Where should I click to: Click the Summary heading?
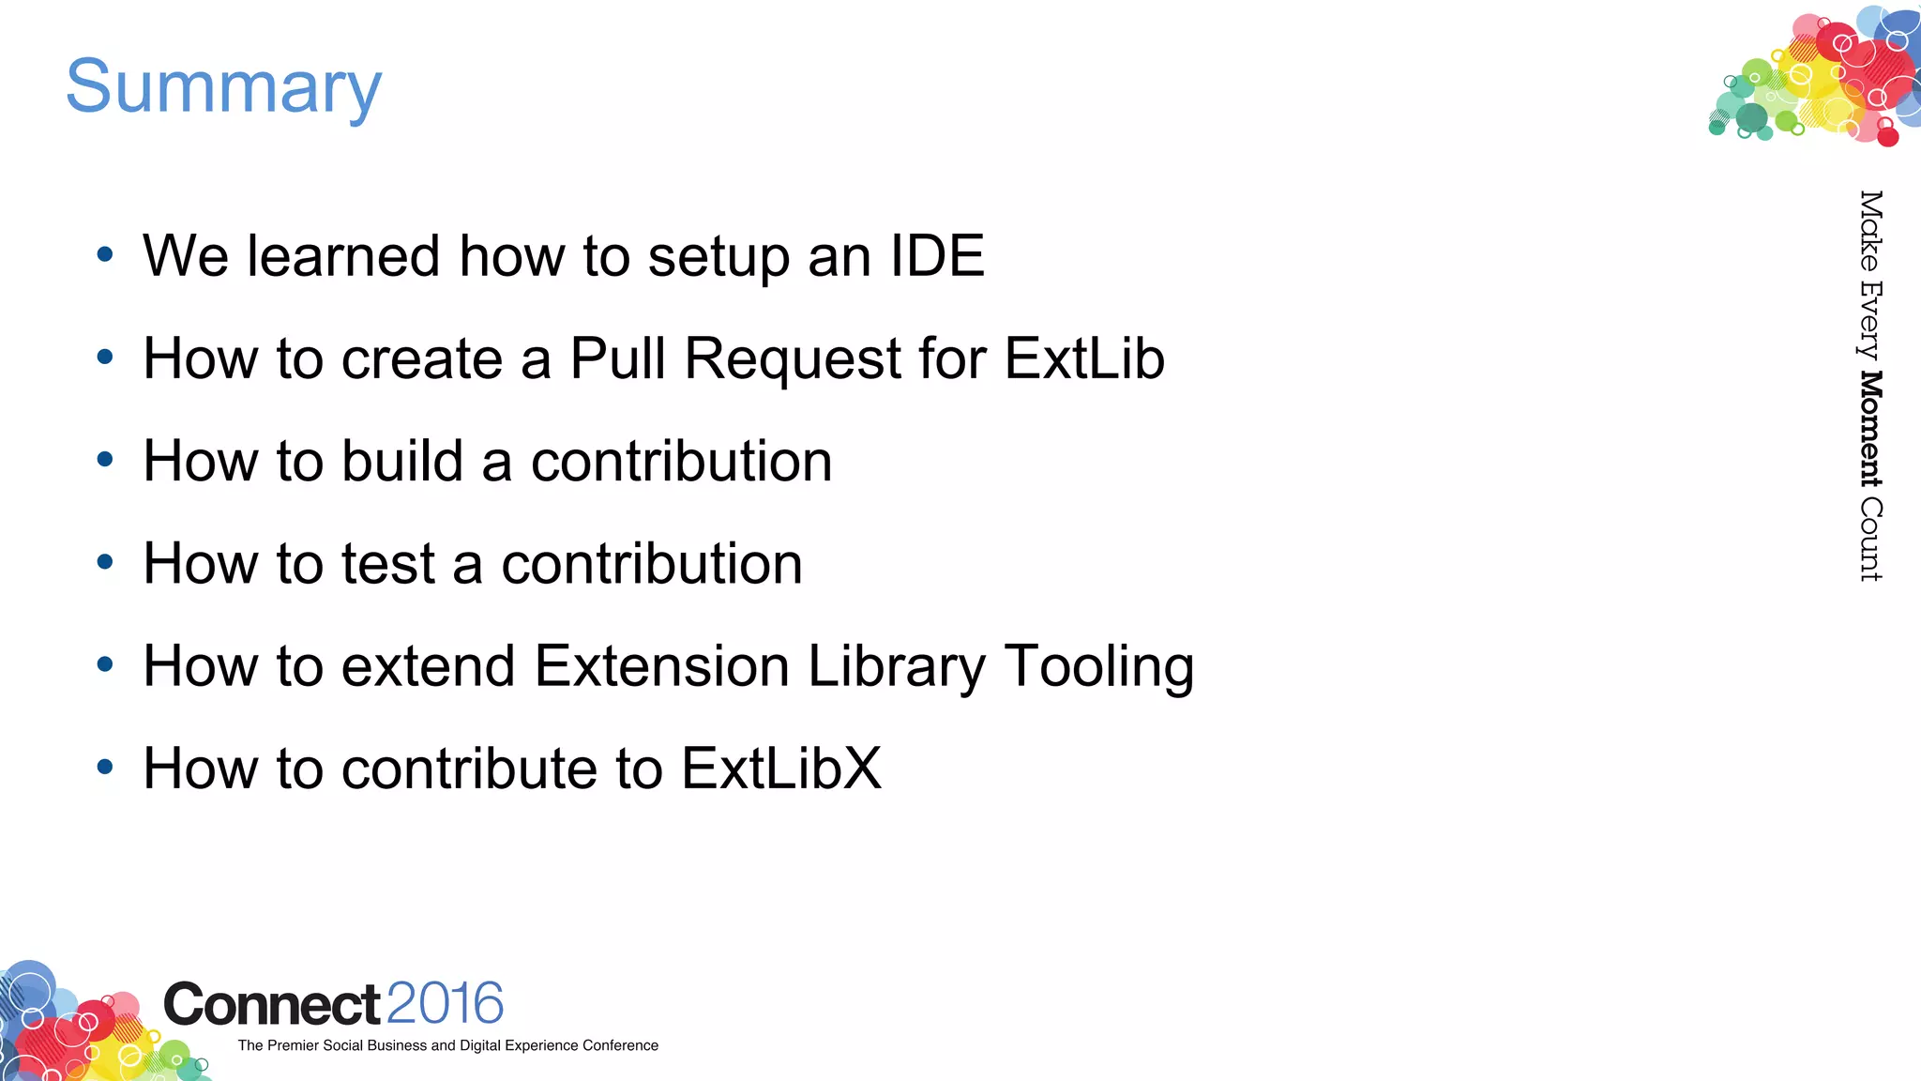(x=223, y=86)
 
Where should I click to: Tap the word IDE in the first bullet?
(x=937, y=255)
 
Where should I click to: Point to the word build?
(x=402, y=461)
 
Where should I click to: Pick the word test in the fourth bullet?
(x=387, y=564)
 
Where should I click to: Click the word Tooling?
(x=1099, y=667)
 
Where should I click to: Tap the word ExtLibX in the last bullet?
(x=781, y=769)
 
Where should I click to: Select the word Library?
(x=897, y=667)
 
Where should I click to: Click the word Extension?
(x=661, y=666)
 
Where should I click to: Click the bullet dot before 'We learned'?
(x=105, y=254)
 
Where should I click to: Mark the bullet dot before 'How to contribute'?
(x=105, y=767)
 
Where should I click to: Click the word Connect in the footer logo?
(x=272, y=1005)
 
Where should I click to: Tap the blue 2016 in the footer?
(x=445, y=1003)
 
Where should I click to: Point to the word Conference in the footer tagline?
(x=620, y=1045)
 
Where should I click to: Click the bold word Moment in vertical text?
(x=1870, y=429)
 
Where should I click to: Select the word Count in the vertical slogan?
(x=1870, y=540)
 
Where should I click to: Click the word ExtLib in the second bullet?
(x=1084, y=358)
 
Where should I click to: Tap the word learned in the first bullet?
(x=343, y=255)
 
